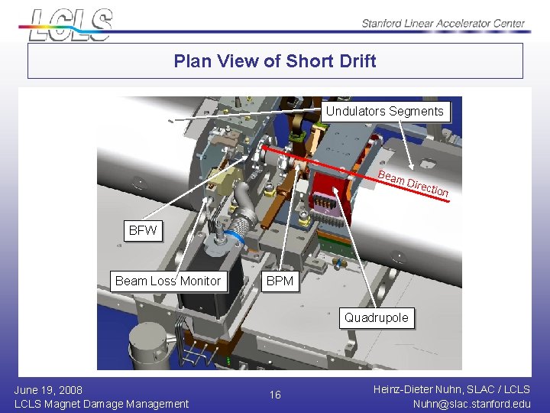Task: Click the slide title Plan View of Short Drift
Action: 275,61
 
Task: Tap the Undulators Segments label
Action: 384,112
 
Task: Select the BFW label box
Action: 143,230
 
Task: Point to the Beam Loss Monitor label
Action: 168,281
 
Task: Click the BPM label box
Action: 280,281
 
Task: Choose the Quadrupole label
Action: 376,317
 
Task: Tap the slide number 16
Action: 275,395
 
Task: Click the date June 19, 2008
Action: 48,389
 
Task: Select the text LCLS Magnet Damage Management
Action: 102,403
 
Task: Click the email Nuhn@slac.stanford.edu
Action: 471,403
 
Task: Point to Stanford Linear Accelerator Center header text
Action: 444,23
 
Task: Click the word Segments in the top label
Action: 416,112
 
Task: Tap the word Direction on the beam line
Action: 428,187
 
